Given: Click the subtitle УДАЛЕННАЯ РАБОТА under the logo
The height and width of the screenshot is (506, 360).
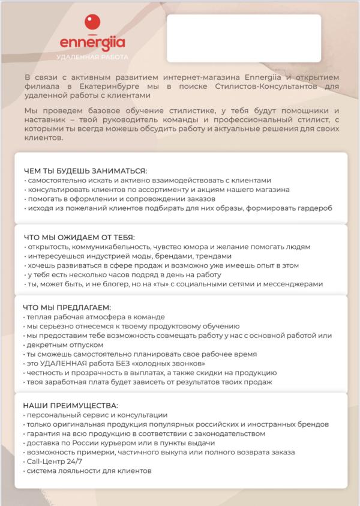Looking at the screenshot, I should point(92,56).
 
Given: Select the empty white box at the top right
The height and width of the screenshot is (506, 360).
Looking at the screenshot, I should point(244,38).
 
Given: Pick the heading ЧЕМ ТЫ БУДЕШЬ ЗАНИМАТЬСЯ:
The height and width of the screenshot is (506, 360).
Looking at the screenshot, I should point(85,170).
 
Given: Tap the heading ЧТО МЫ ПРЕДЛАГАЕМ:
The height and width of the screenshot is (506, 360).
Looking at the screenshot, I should point(67,307).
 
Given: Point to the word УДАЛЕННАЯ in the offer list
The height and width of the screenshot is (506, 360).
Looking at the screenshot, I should point(63,364).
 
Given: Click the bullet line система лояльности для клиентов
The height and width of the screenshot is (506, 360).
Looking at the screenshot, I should point(89,471).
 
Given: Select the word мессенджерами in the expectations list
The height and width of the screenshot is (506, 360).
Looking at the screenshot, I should point(295,284).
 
